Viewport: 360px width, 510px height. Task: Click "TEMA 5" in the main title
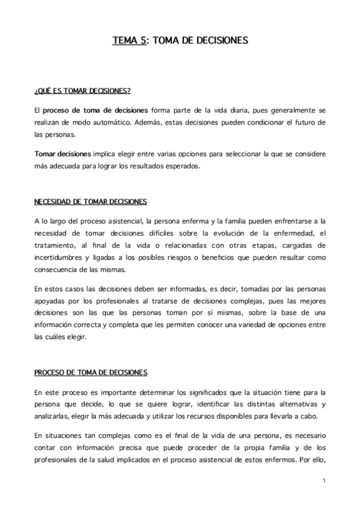coord(129,41)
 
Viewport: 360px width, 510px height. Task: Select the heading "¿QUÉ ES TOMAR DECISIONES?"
coord(82,91)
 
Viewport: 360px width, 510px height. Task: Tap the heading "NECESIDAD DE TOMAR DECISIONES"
coord(91,201)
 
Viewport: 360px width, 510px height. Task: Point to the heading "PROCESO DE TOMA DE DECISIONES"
coord(91,372)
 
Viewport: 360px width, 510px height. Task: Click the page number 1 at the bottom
coord(323,481)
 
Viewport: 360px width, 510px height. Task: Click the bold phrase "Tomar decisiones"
coord(63,154)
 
